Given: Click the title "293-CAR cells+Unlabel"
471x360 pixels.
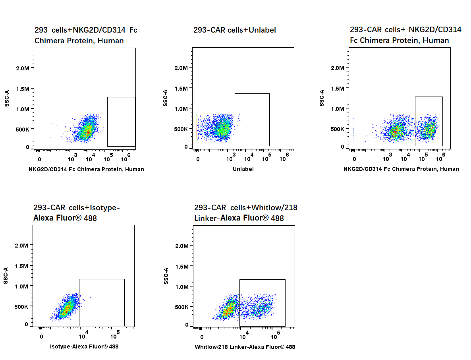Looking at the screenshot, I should pyautogui.click(x=234, y=30).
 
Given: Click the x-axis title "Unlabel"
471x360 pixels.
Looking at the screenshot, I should pyautogui.click(x=243, y=169).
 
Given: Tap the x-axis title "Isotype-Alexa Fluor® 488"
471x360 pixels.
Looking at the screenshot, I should pyautogui.click(x=84, y=346).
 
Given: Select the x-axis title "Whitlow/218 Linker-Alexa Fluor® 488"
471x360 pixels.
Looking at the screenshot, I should pyautogui.click(x=245, y=347).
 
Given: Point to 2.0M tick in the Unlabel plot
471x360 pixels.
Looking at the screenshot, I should pyautogui.click(x=181, y=68).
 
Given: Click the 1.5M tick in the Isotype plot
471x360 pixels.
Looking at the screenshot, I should pyautogui.click(x=21, y=266).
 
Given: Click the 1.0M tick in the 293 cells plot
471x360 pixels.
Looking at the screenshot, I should pyautogui.click(x=22, y=109).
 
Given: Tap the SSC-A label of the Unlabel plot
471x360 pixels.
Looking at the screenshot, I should pyautogui.click(x=165, y=98).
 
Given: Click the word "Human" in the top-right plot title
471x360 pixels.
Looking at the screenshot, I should pyautogui.click(x=436, y=41).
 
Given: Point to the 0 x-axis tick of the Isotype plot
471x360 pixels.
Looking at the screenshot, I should pyautogui.click(x=41, y=337).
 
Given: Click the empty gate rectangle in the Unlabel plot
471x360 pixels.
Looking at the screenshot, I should pyautogui.click(x=252, y=120).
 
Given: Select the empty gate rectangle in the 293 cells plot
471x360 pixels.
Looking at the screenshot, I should pyautogui.click(x=121, y=122).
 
